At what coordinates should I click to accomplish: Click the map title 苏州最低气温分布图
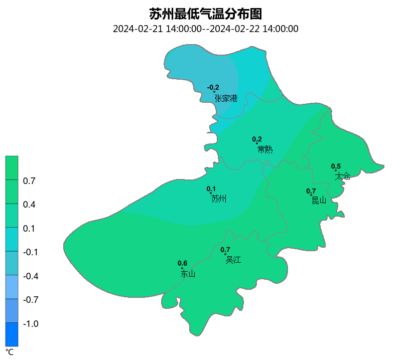[x=206, y=14]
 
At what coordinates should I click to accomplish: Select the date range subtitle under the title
[x=206, y=29]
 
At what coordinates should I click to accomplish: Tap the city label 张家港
[x=226, y=98]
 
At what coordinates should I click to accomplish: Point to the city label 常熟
[x=265, y=149]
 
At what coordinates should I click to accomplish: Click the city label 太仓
[x=343, y=176]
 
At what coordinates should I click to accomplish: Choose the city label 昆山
[x=319, y=201]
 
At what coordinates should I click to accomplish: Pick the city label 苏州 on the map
[x=219, y=199]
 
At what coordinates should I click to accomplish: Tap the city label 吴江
[x=233, y=260]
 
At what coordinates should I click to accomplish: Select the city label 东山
[x=188, y=274]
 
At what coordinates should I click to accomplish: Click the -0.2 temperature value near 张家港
[x=213, y=88]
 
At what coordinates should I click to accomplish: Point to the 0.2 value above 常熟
[x=257, y=139]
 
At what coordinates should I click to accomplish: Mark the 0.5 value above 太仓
[x=336, y=166]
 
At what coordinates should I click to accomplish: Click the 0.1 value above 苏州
[x=211, y=189]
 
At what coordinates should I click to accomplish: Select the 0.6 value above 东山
[x=183, y=263]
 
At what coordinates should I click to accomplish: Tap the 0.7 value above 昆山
[x=311, y=191]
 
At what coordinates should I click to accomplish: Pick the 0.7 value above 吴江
[x=225, y=250]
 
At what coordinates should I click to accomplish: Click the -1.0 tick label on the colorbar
[x=31, y=324]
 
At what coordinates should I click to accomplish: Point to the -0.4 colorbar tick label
[x=31, y=276]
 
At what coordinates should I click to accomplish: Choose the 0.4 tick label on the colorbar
[x=29, y=205]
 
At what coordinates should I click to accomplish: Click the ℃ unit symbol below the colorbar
[x=10, y=352]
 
